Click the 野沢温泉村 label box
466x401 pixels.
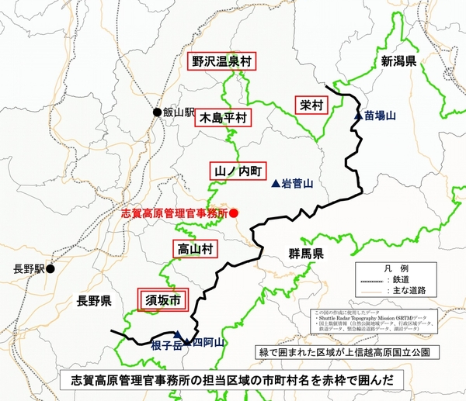224,60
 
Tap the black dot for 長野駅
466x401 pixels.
50,269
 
